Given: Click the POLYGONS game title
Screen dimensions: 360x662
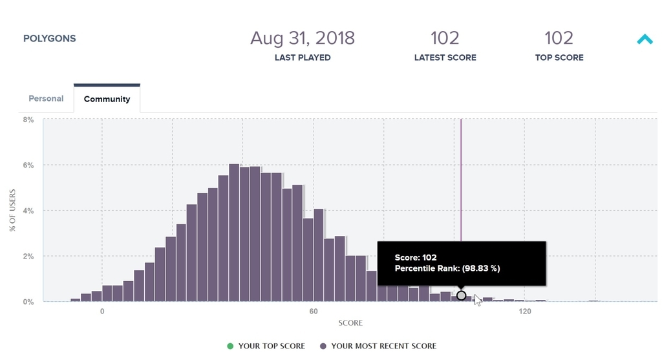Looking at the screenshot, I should click(50, 39).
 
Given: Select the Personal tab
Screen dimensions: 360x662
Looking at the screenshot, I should click(46, 99).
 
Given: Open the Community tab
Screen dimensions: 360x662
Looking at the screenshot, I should click(107, 100).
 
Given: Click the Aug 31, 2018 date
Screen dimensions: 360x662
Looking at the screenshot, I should click(303, 37).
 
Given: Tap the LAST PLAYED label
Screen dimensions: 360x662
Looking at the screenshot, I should click(303, 58).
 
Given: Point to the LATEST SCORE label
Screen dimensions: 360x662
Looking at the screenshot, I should click(445, 58).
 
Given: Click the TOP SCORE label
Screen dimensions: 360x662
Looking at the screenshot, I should click(559, 58).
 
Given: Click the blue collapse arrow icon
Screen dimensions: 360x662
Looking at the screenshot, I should click(645, 40).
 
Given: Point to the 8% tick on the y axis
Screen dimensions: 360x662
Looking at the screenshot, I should click(28, 120).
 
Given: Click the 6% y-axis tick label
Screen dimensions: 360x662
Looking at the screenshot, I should click(28, 165).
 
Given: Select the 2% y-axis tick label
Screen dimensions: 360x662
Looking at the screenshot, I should click(28, 256).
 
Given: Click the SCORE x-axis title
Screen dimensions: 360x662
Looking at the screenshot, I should click(350, 323).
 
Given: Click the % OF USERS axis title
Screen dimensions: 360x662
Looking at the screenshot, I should click(12, 210).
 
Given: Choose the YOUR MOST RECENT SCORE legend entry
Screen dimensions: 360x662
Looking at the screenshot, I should click(383, 346).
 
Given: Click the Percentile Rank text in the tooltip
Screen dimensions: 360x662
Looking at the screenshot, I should click(447, 268).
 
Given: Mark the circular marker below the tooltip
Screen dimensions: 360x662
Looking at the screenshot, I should click(461, 295).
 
